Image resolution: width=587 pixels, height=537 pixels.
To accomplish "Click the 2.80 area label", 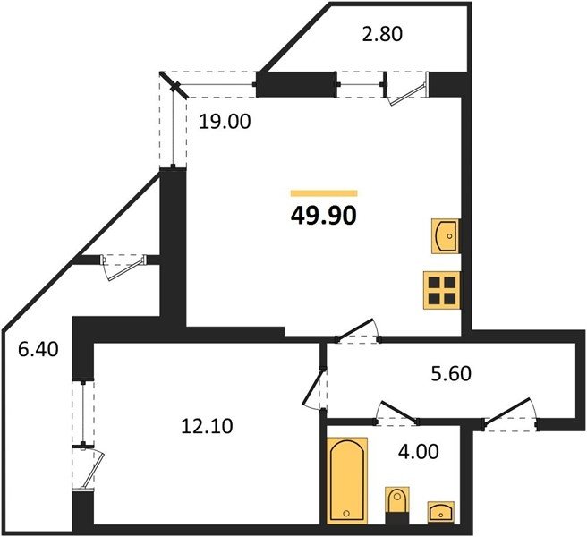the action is (382, 34).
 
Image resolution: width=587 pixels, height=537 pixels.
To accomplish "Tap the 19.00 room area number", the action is (225, 122).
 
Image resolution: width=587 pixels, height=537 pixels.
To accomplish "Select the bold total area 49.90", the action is (323, 216).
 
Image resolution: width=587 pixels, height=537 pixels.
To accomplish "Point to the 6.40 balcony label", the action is (38, 350).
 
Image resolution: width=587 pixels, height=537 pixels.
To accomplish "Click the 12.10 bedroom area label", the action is (207, 426).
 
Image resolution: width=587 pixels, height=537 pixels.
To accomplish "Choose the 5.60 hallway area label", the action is (451, 374).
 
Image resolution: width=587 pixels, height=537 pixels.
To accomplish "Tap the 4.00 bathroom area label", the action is (419, 452).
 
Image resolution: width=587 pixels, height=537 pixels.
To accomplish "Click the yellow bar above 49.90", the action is (324, 193).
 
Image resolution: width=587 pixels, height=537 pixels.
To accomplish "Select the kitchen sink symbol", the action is (446, 236).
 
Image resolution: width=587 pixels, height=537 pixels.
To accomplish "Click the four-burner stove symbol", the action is (442, 290).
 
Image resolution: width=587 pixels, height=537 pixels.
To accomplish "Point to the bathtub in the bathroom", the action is (347, 480).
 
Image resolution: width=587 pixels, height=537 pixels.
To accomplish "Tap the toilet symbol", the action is (397, 505).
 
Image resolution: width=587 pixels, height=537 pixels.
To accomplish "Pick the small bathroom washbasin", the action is (441, 512).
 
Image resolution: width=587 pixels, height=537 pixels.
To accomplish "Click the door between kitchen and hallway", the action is (357, 331).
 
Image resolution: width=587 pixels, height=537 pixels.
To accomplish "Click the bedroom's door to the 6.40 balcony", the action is (89, 468).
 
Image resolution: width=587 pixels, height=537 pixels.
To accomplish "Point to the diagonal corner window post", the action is (174, 85).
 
